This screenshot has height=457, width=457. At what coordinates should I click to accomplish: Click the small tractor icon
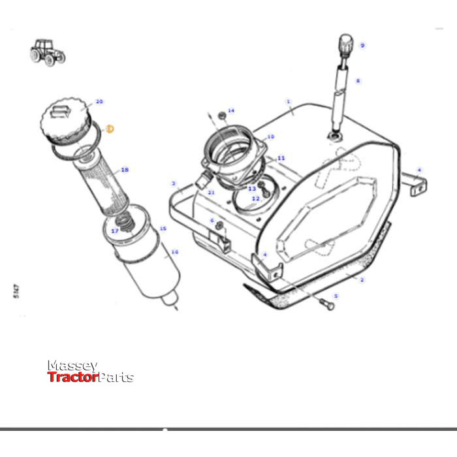pyautogui.click(x=48, y=51)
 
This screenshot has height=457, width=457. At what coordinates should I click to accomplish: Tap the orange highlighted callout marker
pyautogui.click(x=110, y=129)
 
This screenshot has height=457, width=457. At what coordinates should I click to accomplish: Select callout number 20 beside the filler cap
pyautogui.click(x=99, y=102)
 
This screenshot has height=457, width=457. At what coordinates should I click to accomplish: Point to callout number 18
pyautogui.click(x=125, y=170)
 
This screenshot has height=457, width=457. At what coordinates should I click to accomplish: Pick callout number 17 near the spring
pyautogui.click(x=115, y=231)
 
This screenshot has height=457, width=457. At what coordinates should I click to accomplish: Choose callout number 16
pyautogui.click(x=174, y=251)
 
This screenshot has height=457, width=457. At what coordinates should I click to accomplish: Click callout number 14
pyautogui.click(x=230, y=111)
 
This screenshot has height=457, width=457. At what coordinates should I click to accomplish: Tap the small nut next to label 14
pyautogui.click(x=221, y=116)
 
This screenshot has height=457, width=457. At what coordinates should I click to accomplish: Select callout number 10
pyautogui.click(x=270, y=137)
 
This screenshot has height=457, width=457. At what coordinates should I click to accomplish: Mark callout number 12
pyautogui.click(x=256, y=198)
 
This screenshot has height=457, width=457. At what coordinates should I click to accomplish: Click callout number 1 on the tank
pyautogui.click(x=289, y=102)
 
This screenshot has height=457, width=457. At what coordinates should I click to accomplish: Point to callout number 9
pyautogui.click(x=362, y=45)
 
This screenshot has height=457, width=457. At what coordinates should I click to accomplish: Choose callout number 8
pyautogui.click(x=358, y=82)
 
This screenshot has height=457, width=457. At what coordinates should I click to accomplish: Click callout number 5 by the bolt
pyautogui.click(x=335, y=296)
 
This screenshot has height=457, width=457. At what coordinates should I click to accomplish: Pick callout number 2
pyautogui.click(x=362, y=279)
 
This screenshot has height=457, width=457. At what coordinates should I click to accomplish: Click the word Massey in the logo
pyautogui.click(x=72, y=366)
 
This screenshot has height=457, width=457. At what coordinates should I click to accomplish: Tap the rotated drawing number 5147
pyautogui.click(x=15, y=291)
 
